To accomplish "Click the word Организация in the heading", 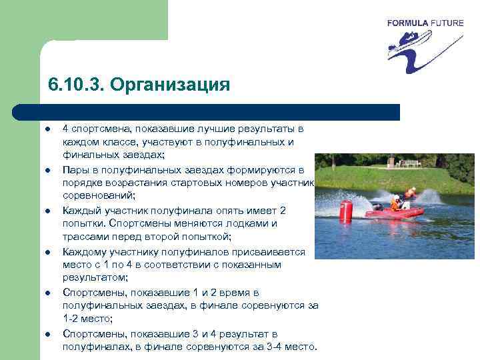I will (x=170, y=85).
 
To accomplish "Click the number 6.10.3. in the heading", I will (x=76, y=85).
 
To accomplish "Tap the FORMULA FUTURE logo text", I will (x=425, y=23).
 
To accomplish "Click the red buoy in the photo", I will (x=345, y=211).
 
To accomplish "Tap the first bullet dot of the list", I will (x=49, y=128).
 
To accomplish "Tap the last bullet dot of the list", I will (x=49, y=333).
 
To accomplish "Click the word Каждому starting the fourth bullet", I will (x=83, y=251).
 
